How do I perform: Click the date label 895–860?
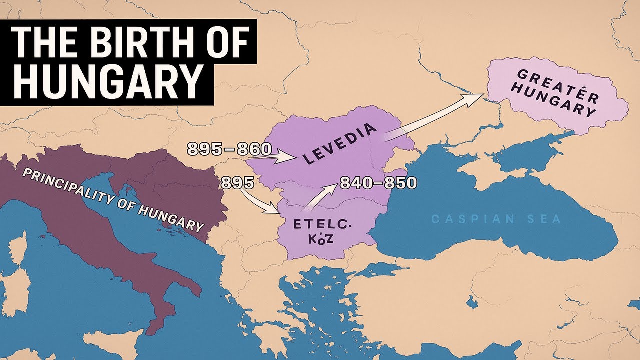pyautogui.click(x=229, y=148)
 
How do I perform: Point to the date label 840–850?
pyautogui.click(x=378, y=183)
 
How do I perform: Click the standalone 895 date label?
pyautogui.click(x=237, y=183)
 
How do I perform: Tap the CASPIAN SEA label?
pyautogui.click(x=496, y=219)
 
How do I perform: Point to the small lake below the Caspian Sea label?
pyautogui.click(x=470, y=301)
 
